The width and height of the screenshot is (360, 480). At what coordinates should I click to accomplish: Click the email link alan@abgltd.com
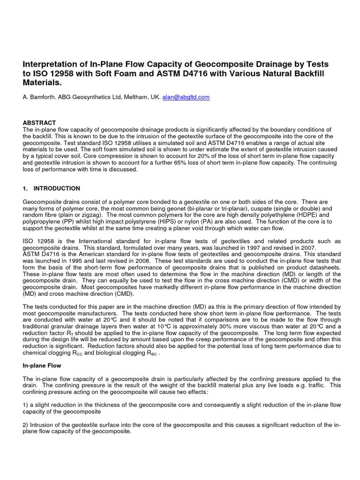point(186,97)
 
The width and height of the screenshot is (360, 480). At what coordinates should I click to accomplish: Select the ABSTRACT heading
point(39,122)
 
